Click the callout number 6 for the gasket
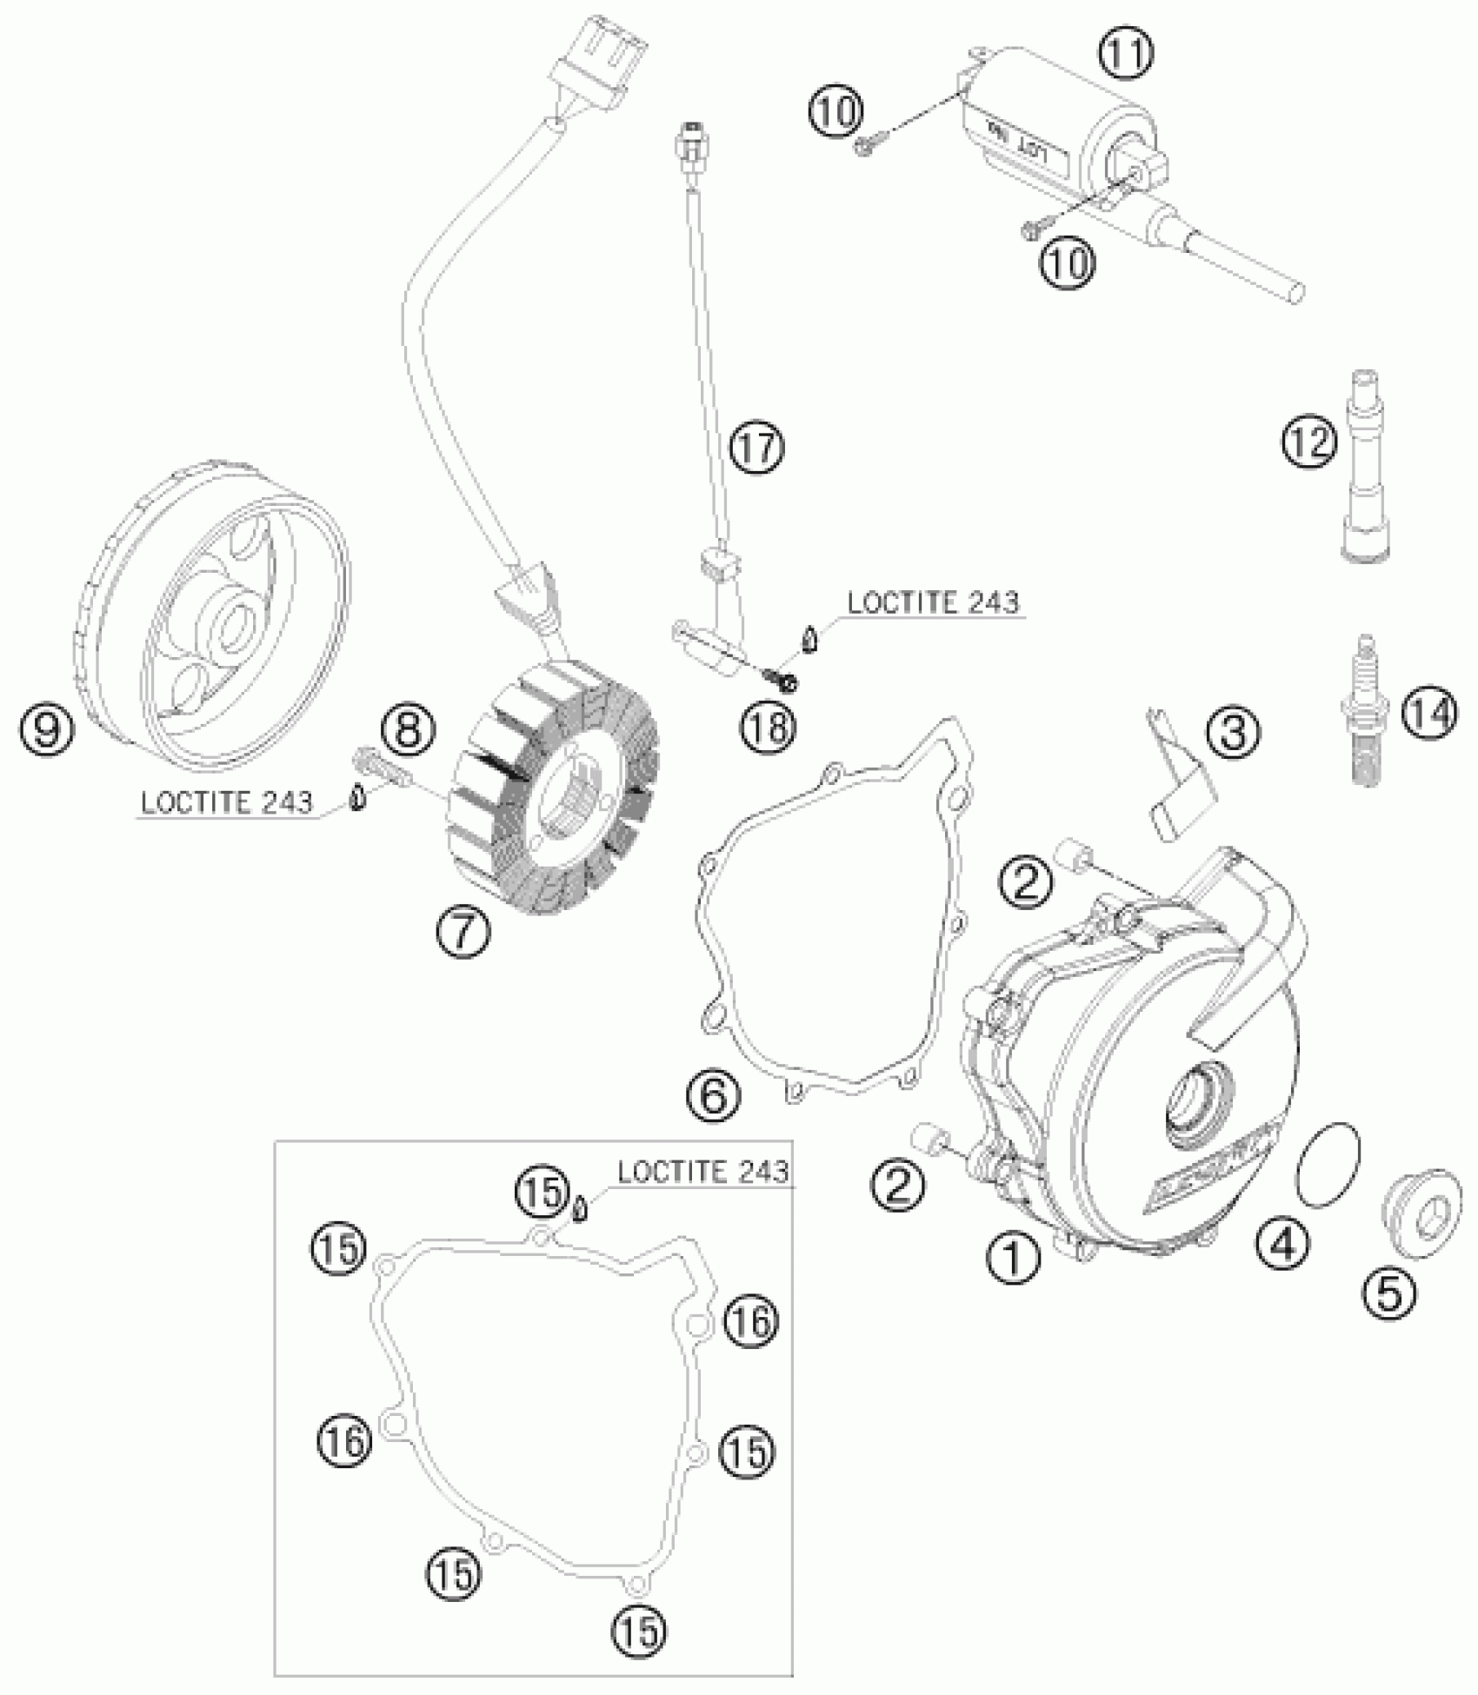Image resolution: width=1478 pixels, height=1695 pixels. click(716, 1096)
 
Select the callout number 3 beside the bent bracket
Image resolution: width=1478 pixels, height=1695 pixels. click(1235, 734)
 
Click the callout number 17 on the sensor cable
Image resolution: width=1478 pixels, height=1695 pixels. click(756, 447)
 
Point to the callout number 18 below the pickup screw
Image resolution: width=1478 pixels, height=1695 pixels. click(769, 727)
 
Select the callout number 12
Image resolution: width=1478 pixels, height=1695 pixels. click(1308, 442)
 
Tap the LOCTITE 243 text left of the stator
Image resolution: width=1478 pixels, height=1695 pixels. click(226, 802)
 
